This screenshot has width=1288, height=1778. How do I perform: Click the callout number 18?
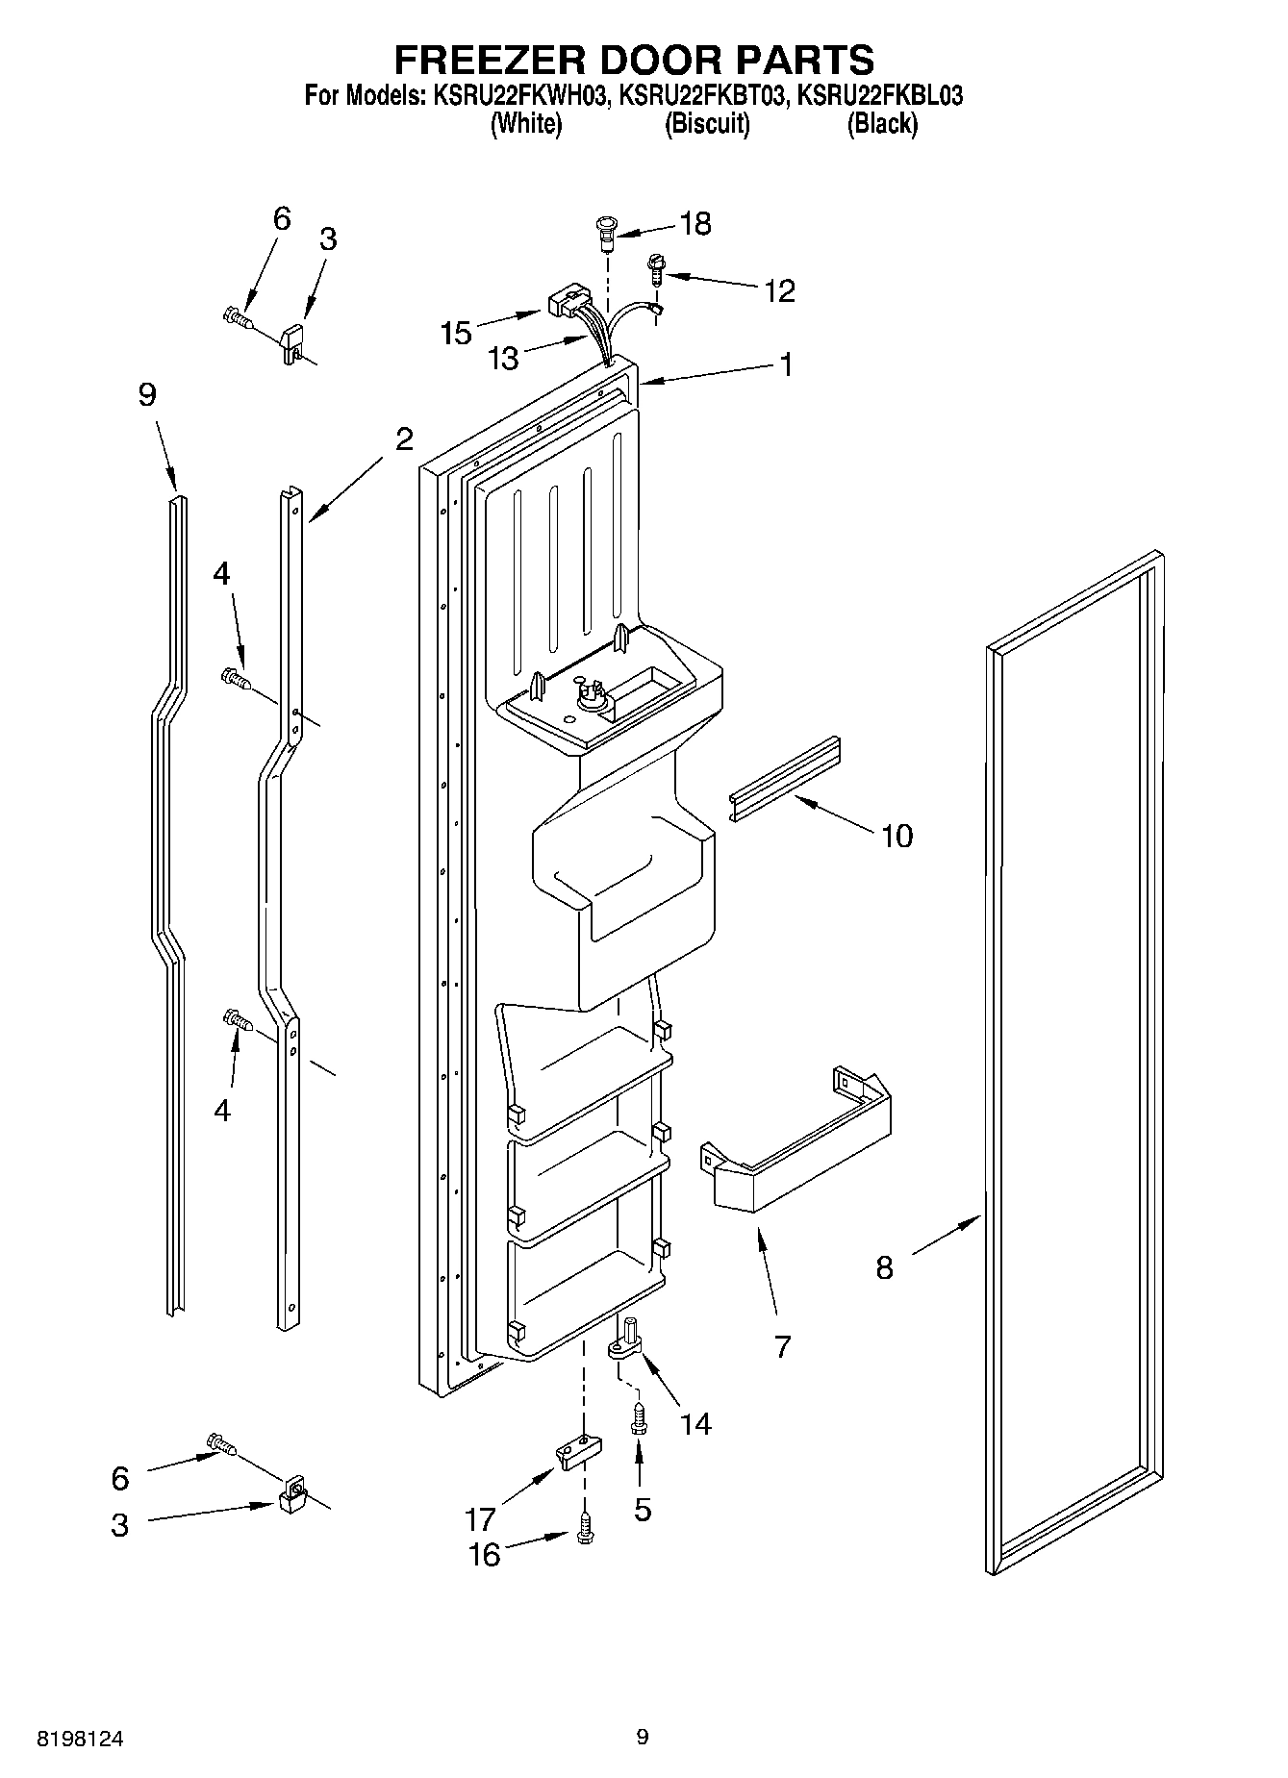pyautogui.click(x=695, y=224)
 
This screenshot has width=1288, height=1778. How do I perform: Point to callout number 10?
pyautogui.click(x=897, y=836)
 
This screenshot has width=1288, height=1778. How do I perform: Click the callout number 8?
pyautogui.click(x=884, y=1268)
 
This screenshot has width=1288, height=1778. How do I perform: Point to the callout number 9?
pyautogui.click(x=146, y=394)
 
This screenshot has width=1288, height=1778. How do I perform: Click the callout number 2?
pyautogui.click(x=404, y=439)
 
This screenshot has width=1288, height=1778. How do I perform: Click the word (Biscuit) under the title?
pyautogui.click(x=707, y=124)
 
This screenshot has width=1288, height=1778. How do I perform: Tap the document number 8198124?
pyautogui.click(x=81, y=1739)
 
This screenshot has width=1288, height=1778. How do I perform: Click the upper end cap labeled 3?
pyautogui.click(x=291, y=341)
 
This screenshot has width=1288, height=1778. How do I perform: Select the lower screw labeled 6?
pyautogui.click(x=221, y=1442)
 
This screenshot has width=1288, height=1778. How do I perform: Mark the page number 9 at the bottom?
pyautogui.click(x=643, y=1738)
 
